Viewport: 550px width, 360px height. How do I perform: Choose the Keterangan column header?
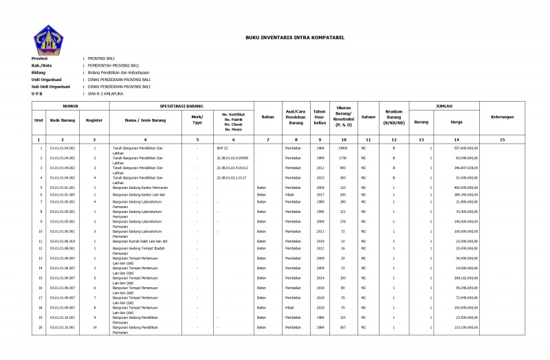[x=502, y=117]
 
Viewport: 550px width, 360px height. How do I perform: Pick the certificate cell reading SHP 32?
[x=222, y=148]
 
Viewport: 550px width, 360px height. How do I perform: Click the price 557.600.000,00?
[x=465, y=148]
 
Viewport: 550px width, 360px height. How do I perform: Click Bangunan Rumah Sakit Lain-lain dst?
[x=140, y=241]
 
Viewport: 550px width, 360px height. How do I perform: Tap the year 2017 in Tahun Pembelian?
[x=320, y=194]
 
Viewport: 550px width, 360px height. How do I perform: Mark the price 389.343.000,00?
[x=465, y=194]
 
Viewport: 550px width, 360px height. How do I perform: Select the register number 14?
[x=94, y=327]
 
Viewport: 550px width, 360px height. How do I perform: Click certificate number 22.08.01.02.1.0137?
[x=232, y=177]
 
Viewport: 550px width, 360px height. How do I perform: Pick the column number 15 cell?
[x=502, y=139]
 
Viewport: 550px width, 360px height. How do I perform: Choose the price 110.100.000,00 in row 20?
[x=465, y=327]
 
